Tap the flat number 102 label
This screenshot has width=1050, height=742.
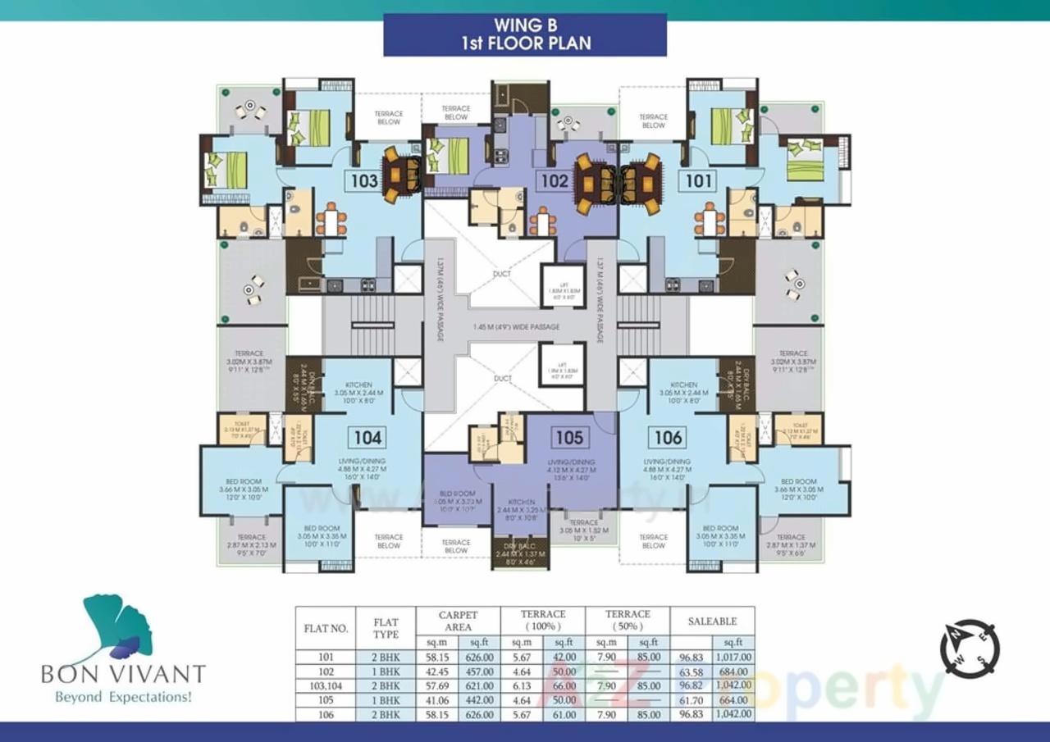[x=554, y=180]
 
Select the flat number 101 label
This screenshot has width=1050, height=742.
[x=699, y=180]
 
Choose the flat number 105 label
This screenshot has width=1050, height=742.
[x=568, y=437]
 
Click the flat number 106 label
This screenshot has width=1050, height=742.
[x=668, y=437]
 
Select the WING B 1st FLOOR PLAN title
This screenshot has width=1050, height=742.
[x=525, y=34]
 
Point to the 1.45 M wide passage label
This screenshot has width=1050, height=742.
[x=517, y=327]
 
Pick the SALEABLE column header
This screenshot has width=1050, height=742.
[x=712, y=621]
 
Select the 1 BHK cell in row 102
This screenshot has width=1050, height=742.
[x=386, y=671]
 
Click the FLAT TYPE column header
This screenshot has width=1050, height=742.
[x=386, y=628]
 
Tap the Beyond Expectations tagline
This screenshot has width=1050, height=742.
[x=123, y=698]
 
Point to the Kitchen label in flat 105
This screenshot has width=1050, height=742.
[x=521, y=502]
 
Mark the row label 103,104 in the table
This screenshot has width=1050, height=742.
[x=326, y=685]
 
